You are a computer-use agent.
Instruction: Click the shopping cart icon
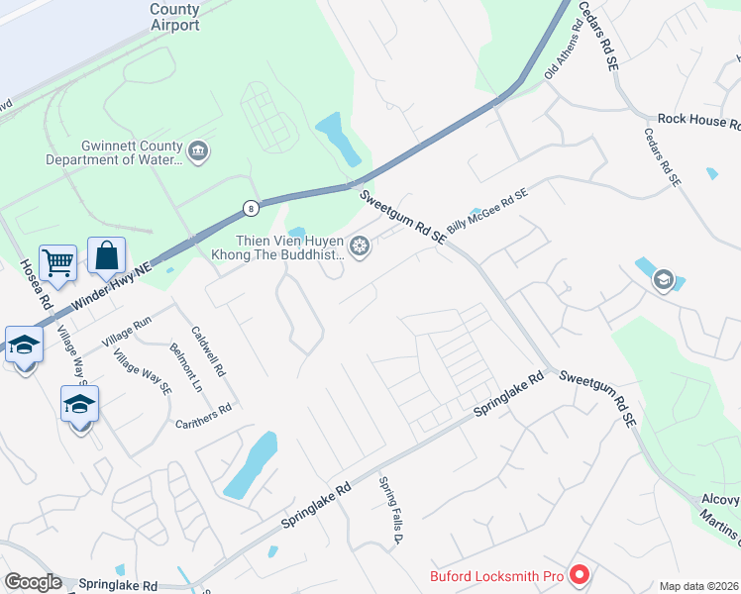point(58,262)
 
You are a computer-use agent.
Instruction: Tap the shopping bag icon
point(106,255)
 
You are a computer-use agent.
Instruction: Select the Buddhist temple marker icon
point(360,245)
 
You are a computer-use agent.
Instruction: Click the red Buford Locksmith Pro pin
point(581,574)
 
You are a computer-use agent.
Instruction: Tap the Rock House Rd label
point(698,120)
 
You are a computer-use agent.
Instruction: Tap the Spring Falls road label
point(388,511)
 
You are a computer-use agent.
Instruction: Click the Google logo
point(32,582)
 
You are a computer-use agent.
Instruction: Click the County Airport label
point(175,17)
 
